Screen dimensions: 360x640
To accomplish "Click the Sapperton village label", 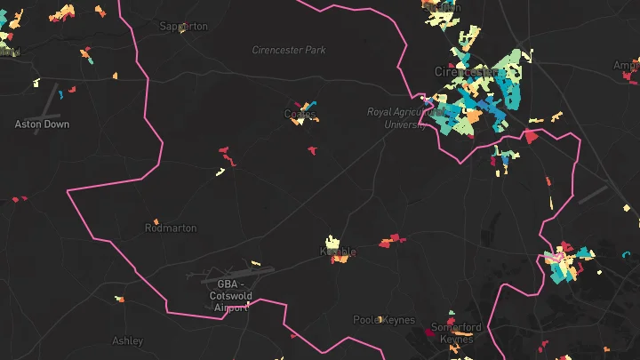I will pyautogui.click(x=183, y=27).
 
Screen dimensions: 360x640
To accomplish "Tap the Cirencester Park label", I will pyautogui.click(x=289, y=51).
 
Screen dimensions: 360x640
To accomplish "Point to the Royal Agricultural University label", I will pyautogui.click(x=404, y=118).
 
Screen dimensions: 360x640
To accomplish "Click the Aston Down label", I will pyautogui.click(x=42, y=124).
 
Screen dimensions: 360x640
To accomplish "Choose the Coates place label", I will pyautogui.click(x=300, y=114).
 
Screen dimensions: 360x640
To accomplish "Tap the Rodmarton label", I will pyautogui.click(x=170, y=228).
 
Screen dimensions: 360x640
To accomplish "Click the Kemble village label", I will pyautogui.click(x=337, y=252).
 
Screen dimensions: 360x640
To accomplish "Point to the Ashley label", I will pyautogui.click(x=128, y=340).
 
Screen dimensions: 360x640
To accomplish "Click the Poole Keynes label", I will pyautogui.click(x=379, y=320).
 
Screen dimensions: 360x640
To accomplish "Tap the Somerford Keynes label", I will pyautogui.click(x=456, y=332).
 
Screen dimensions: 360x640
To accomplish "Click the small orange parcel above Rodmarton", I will pyautogui.click(x=156, y=221).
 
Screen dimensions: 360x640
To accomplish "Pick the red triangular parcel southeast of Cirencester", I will pyautogui.click(x=531, y=137).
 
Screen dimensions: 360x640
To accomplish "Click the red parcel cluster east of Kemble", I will pyautogui.click(x=391, y=240).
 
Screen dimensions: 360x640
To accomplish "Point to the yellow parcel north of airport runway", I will pyautogui.click(x=255, y=263).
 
